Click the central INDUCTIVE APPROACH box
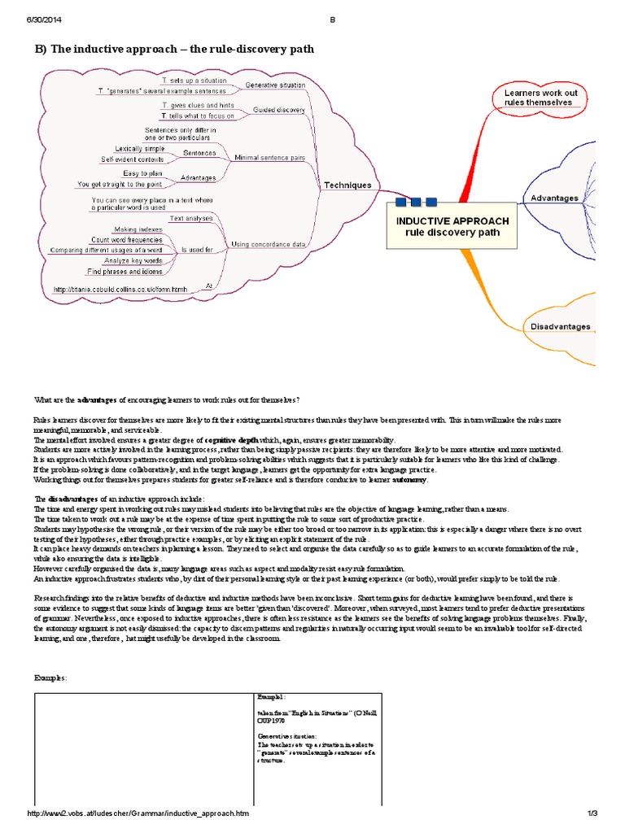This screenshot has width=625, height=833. (452, 226)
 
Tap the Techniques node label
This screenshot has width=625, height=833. (347, 185)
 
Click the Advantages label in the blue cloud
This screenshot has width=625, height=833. (554, 198)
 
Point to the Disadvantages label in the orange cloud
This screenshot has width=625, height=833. (560, 326)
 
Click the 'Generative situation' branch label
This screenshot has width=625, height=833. (275, 85)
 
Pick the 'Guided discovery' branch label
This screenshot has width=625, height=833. (279, 110)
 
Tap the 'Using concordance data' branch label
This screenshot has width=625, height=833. (269, 244)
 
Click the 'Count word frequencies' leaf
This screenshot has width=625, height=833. (126, 240)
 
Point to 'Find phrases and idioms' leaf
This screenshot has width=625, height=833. (125, 271)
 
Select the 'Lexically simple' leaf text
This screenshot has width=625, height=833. (139, 149)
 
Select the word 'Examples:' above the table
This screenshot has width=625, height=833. (50, 678)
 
